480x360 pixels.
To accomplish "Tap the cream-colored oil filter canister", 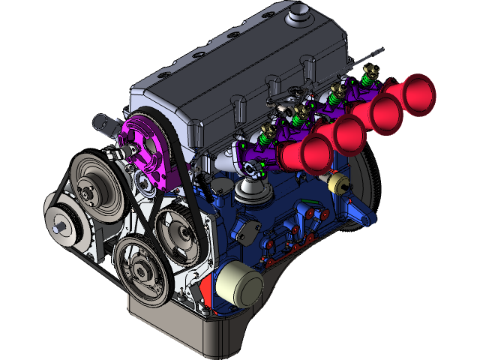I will [x=238, y=284].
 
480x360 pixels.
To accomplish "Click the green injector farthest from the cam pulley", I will [x=367, y=75].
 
